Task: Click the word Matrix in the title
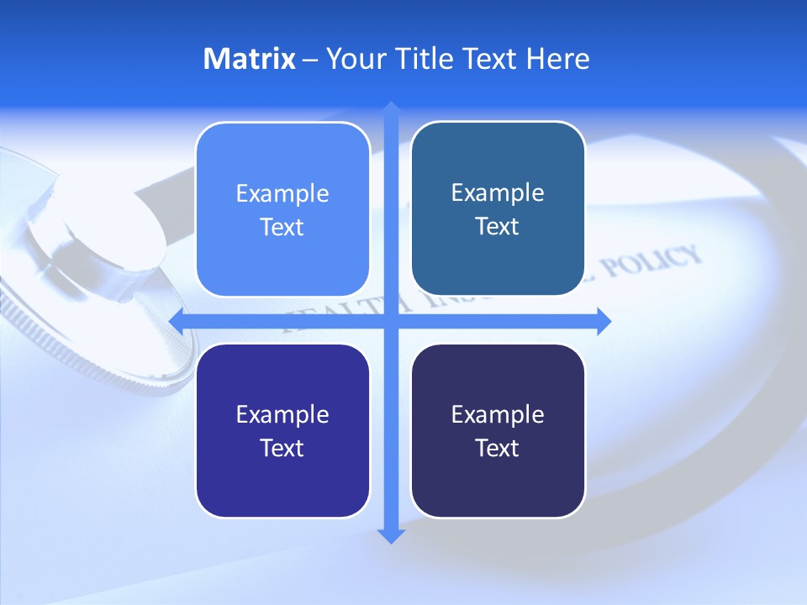coord(249,59)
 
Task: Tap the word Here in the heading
coord(557,59)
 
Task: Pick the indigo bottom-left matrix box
coord(282,487)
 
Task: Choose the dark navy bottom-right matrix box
coord(498,487)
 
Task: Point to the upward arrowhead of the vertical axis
coord(391,109)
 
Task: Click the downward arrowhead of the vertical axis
coord(391,535)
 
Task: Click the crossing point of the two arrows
coord(391,321)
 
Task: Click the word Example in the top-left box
coord(282,194)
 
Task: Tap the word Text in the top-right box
coord(498,227)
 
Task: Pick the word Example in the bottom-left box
coord(282,415)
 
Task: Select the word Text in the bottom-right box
coord(498,449)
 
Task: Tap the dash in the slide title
coord(310,60)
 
